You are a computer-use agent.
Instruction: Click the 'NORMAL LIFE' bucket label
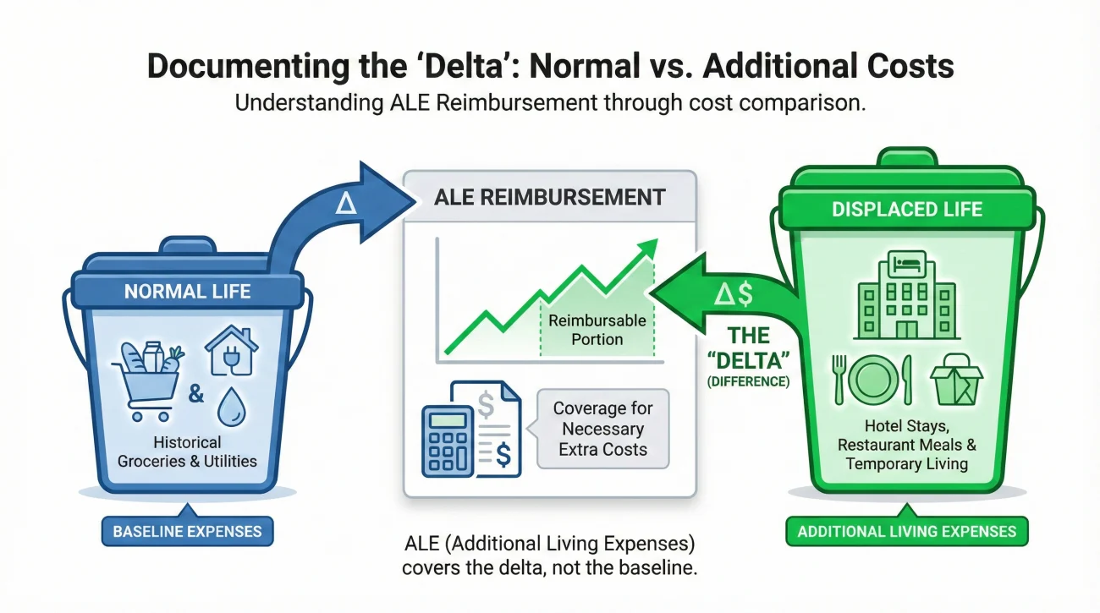[187, 292]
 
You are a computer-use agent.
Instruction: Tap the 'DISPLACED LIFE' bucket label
[907, 210]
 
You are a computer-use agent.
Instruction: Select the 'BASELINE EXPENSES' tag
[187, 532]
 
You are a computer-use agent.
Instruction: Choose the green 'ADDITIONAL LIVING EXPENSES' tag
[907, 532]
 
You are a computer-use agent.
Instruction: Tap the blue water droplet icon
[231, 408]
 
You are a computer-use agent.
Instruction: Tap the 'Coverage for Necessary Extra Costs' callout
[602, 429]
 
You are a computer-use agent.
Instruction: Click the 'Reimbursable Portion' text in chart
[597, 330]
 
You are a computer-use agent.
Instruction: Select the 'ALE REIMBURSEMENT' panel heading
[549, 197]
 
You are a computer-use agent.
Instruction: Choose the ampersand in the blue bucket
[195, 395]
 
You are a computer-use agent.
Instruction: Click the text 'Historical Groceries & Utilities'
[187, 452]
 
